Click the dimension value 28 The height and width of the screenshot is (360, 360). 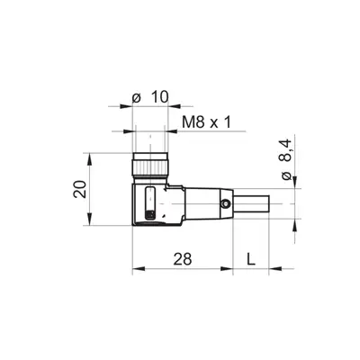coord(183,258)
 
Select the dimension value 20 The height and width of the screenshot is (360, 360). coord(79,189)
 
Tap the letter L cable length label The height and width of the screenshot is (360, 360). coord(251,258)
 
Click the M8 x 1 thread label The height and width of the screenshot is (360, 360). coord(207,122)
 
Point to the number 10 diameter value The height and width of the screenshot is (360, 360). coord(159,97)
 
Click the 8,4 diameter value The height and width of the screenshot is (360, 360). coord(286,150)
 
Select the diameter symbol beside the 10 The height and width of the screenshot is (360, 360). coord(137,98)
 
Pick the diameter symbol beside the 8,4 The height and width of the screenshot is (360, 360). coord(287,175)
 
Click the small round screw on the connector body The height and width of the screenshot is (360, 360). coord(225,204)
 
